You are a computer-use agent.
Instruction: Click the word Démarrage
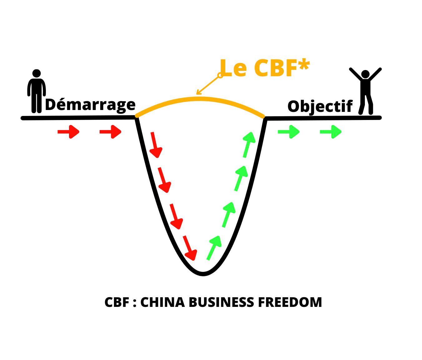point(90,105)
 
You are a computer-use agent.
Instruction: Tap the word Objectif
point(320,107)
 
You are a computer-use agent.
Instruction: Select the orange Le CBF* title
point(265,68)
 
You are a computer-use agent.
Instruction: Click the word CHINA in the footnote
point(162,302)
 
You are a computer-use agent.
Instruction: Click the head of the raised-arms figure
point(365,74)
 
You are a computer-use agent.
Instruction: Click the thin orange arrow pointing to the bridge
point(208,85)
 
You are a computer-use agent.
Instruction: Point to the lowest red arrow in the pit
point(190,248)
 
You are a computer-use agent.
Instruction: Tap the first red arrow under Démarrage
point(68,132)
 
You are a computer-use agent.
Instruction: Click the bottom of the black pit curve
point(203,274)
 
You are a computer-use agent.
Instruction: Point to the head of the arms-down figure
point(37,73)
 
